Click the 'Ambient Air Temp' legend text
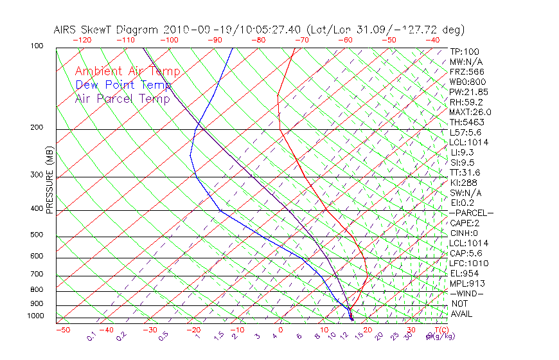127,71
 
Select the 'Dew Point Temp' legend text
123,85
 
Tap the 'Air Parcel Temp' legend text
122,98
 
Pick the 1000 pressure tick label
36,316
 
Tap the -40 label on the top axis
433,40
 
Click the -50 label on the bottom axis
63,330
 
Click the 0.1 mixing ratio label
91,336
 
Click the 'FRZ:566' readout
467,71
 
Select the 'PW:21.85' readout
470,92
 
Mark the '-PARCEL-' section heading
472,213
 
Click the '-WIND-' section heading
467,293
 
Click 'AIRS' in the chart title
67,30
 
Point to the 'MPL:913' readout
467,283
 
